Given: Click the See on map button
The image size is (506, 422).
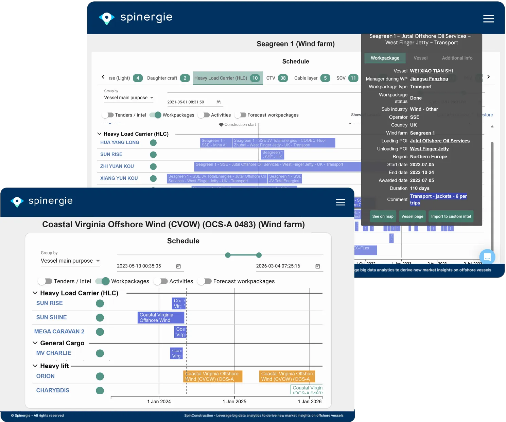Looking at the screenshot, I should point(383,216).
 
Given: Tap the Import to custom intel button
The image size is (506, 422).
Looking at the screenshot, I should point(451,216).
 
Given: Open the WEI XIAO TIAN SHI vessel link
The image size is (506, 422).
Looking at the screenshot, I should point(431,71).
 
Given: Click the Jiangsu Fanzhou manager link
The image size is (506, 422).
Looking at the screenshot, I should point(429,79).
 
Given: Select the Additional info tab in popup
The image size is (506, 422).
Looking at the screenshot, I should point(457,58).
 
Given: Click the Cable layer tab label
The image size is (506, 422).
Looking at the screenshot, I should point(306,78).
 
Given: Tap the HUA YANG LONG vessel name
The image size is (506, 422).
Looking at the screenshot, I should point(120,142).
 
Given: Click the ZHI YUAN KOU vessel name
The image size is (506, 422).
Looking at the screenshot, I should point(117,166).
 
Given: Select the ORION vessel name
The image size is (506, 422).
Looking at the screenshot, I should point(45,376).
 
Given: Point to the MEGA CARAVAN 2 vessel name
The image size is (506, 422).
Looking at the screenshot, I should point(59,331).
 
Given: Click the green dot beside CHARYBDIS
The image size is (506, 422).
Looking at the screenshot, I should point(100,390).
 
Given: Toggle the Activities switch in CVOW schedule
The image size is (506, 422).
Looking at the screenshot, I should point(161,281).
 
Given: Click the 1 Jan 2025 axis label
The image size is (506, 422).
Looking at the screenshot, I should point(234,402).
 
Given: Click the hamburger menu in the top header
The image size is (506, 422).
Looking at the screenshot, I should point(488,19).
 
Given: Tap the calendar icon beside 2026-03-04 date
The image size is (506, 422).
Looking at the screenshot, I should point(317,266).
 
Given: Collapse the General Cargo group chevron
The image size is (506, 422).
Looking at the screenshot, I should point(35,343).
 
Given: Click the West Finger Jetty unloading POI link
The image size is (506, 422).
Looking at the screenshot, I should point(429,149).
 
